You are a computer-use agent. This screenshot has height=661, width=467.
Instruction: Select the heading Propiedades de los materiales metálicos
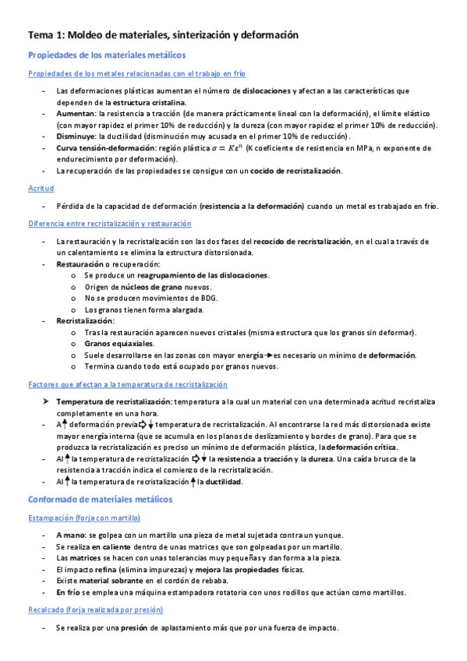[107, 55]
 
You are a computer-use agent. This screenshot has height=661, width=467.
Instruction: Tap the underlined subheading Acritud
[41, 189]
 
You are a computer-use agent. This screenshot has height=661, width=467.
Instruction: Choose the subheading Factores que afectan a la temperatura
[128, 384]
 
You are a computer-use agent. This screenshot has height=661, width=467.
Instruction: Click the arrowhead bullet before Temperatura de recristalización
[46, 401]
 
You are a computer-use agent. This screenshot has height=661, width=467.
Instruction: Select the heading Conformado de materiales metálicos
[100, 499]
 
